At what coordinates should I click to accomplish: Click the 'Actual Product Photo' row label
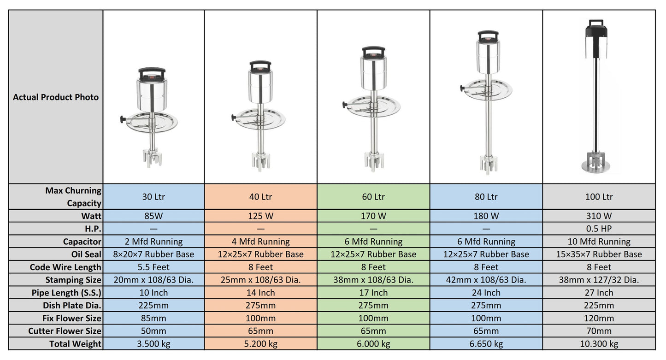pyautogui.click(x=56, y=97)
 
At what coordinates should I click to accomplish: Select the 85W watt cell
pyautogui.click(x=153, y=216)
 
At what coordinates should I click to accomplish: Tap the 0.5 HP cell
pyautogui.click(x=599, y=229)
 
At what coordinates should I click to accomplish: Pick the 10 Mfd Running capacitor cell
pyautogui.click(x=599, y=242)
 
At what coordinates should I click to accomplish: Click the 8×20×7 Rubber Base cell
pyautogui.click(x=153, y=254)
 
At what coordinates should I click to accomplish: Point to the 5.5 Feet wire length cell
pyautogui.click(x=153, y=267)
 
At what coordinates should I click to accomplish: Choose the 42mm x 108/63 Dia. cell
pyautogui.click(x=486, y=280)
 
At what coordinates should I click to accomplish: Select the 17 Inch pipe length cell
pyautogui.click(x=373, y=293)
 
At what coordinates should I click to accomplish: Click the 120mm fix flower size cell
pyautogui.click(x=599, y=318)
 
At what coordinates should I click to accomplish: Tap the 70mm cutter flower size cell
pyautogui.click(x=599, y=331)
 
